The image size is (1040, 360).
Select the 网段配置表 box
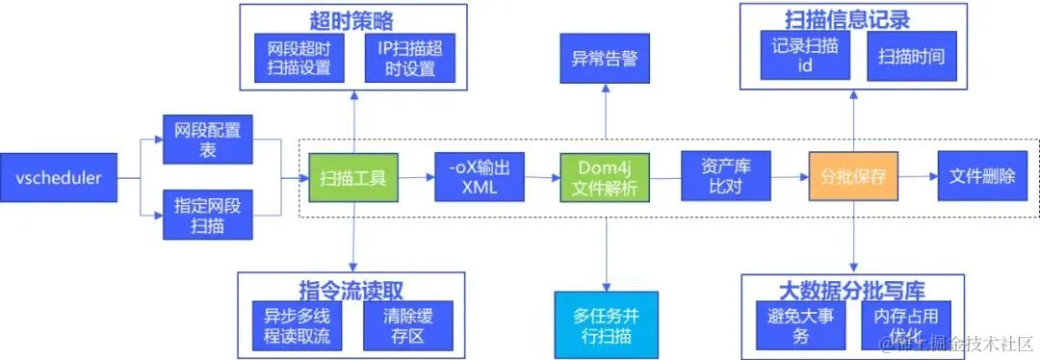click(x=208, y=140)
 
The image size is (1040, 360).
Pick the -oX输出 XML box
click(x=479, y=178)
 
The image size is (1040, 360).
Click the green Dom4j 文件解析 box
click(x=605, y=178)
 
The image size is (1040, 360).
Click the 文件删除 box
click(x=982, y=178)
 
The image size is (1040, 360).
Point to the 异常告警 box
click(x=605, y=58)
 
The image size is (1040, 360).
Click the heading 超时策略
click(x=351, y=20)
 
